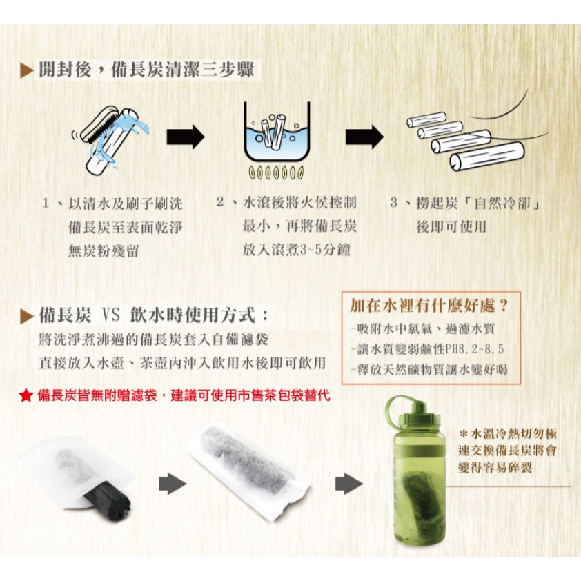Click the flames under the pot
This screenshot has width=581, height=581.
click(277, 173)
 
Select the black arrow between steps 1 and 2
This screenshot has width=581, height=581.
click(185, 137)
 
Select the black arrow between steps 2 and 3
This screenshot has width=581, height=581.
click(364, 137)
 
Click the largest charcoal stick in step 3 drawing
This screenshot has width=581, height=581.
click(487, 156)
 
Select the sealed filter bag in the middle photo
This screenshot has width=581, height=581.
click(248, 470)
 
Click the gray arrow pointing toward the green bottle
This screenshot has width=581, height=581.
click(348, 484)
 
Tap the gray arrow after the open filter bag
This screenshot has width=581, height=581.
click(173, 484)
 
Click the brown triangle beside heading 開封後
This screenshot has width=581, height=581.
click(27, 70)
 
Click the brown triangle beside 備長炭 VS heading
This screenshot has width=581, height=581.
click(27, 316)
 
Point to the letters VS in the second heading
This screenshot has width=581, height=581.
click(111, 315)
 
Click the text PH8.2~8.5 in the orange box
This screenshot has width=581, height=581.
click(475, 349)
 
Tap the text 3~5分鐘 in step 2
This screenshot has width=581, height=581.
click(324, 250)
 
